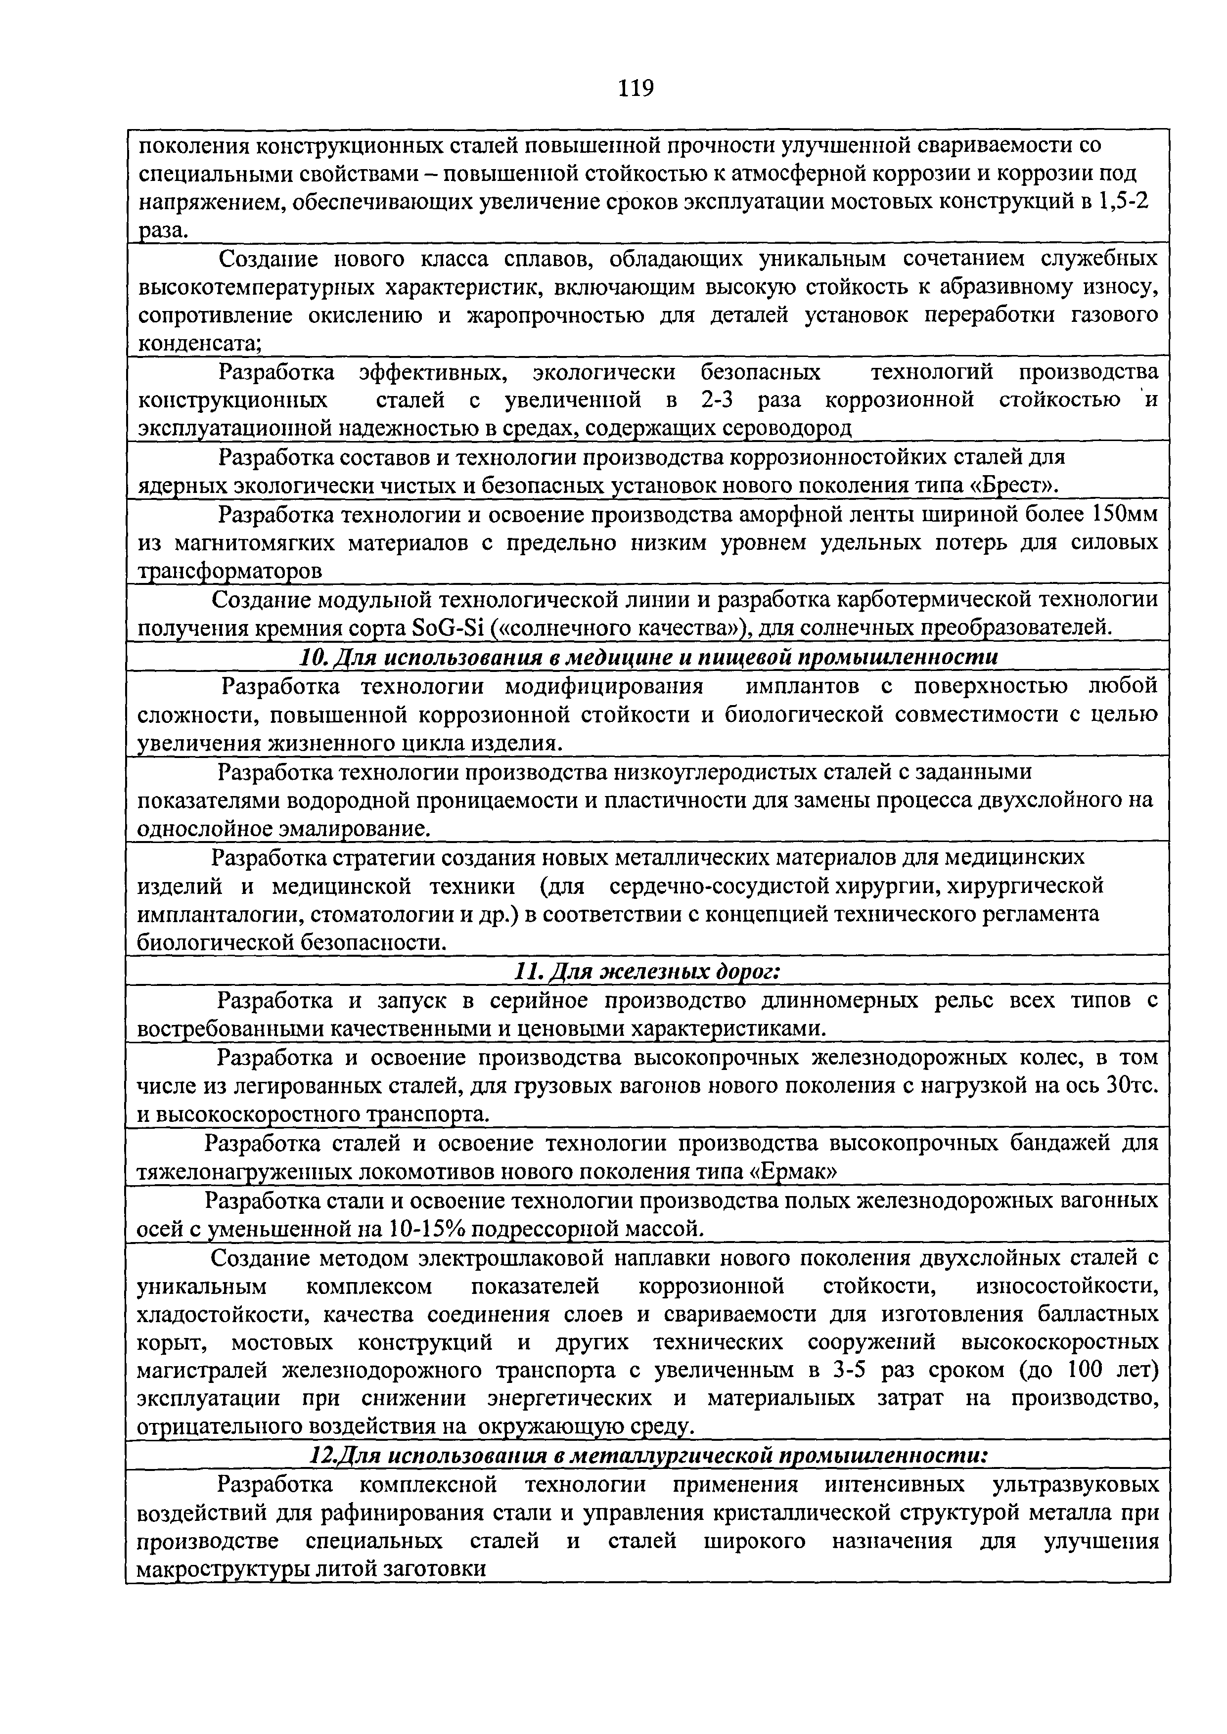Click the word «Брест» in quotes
coord(1012,484)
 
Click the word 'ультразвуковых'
coord(1073,1485)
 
